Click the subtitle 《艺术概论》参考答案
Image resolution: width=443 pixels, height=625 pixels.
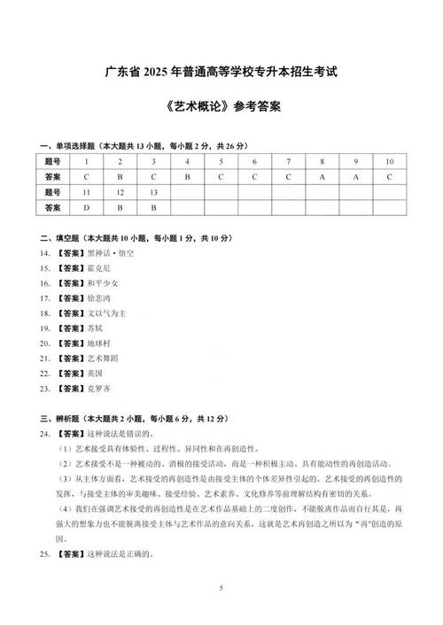tap(221, 106)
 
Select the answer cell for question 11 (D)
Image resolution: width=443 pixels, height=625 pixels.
tap(86, 208)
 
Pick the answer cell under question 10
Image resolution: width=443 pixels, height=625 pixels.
tap(389, 176)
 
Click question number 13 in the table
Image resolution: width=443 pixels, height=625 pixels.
tap(153, 192)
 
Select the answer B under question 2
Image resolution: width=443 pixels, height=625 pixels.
tap(120, 176)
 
